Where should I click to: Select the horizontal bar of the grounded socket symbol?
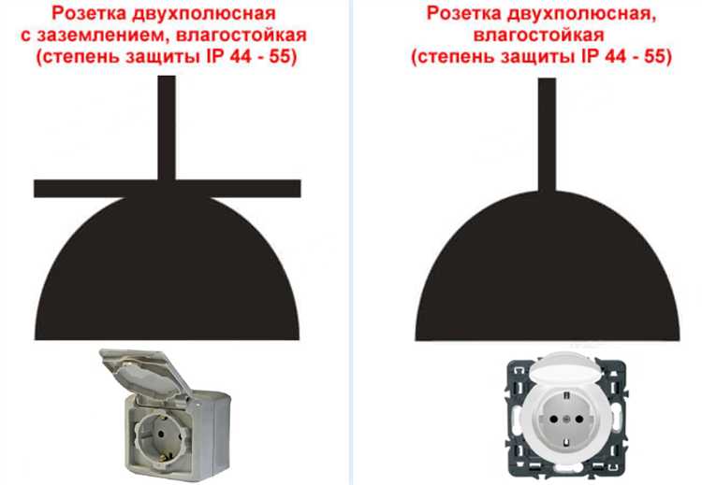tap(168, 189)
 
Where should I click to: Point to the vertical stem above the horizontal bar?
tap(167, 128)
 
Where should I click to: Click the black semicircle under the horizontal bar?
tap(167, 268)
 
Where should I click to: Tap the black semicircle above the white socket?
tap(548, 266)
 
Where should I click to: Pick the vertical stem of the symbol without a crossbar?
tap(547, 135)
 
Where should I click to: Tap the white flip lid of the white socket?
tap(567, 367)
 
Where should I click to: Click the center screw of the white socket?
tap(566, 420)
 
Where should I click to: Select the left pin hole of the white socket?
tap(553, 420)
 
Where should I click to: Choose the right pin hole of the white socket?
tap(579, 420)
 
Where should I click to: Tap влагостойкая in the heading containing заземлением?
tap(241, 36)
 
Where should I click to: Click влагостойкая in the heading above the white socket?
tap(539, 36)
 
